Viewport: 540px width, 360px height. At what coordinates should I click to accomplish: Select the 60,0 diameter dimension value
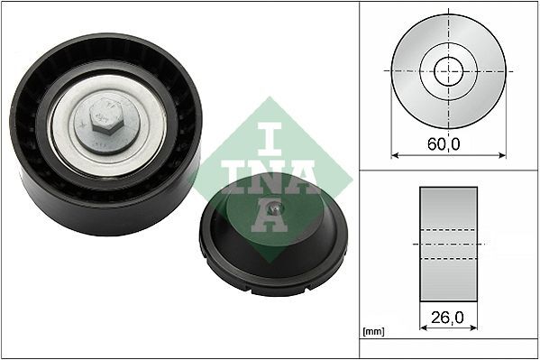click(448, 143)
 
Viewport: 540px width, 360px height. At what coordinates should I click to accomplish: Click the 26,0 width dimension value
click(448, 318)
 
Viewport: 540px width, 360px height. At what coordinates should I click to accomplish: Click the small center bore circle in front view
click(448, 69)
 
